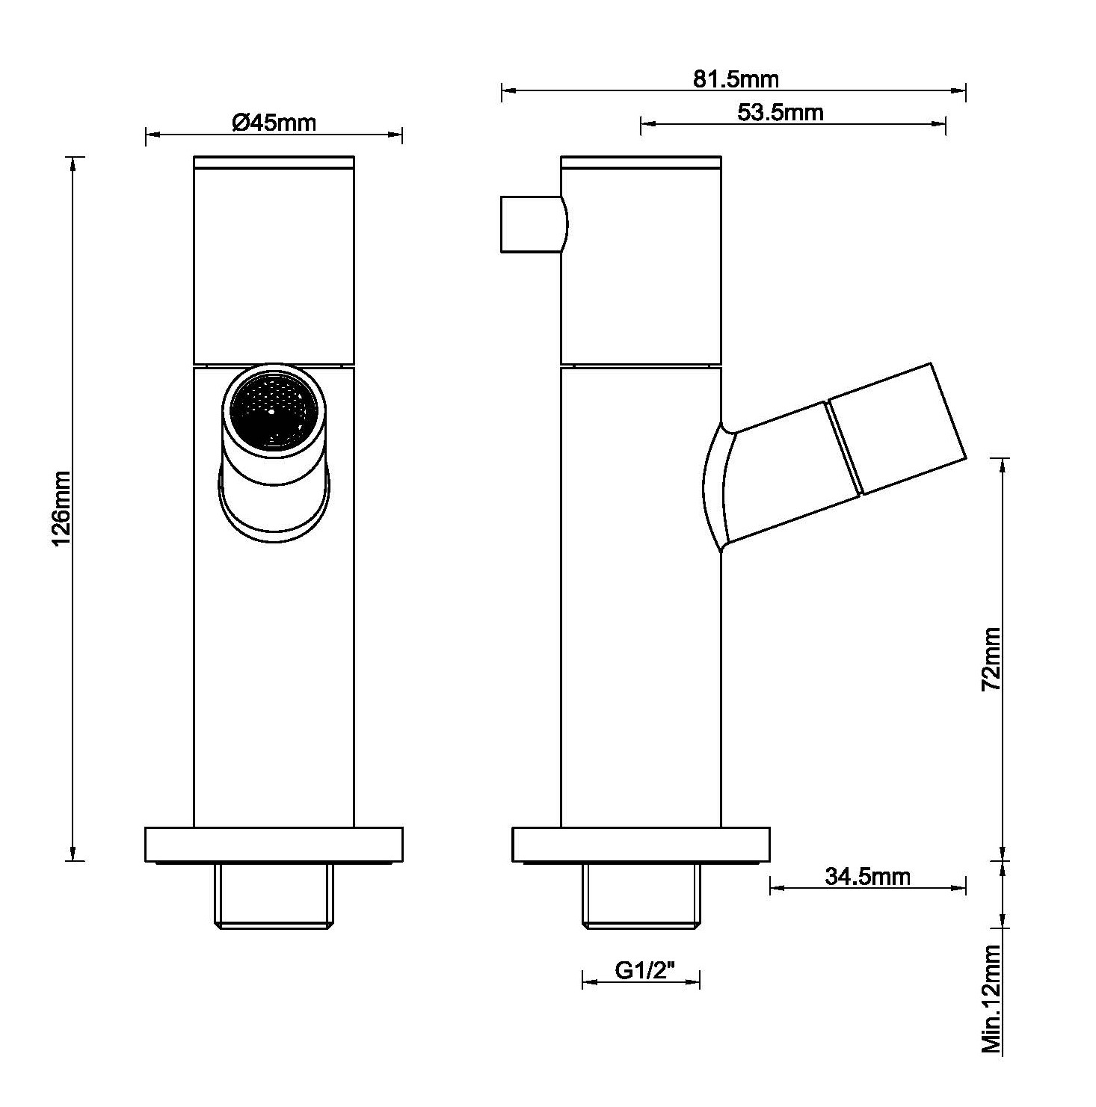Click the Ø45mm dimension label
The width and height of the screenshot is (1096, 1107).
[x=274, y=122]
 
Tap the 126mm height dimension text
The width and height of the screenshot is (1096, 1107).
[x=61, y=508]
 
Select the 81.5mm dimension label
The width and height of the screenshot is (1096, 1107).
[x=736, y=78]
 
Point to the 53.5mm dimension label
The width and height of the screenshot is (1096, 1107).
[x=780, y=112]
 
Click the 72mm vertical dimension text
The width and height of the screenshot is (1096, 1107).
[x=991, y=658]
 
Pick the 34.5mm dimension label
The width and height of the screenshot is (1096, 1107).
[x=868, y=875]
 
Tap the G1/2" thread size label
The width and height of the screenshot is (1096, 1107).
[x=645, y=970]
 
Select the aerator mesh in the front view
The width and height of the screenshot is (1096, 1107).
[x=273, y=412]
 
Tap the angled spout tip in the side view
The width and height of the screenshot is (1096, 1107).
[x=897, y=429]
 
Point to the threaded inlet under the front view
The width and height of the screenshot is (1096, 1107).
[x=274, y=895]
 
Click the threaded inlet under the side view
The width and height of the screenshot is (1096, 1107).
[x=641, y=895]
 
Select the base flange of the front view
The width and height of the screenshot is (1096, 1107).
[x=274, y=844]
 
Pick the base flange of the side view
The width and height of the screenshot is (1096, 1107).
[x=641, y=844]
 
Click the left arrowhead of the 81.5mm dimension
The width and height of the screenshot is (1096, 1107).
[x=508, y=91]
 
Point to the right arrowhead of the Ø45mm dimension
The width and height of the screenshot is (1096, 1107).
[x=395, y=135]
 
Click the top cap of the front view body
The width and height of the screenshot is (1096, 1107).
[x=274, y=162]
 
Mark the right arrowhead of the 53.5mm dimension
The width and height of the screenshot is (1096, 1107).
[x=938, y=124]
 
